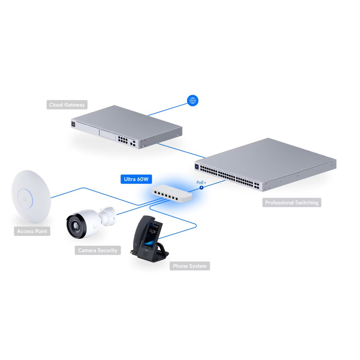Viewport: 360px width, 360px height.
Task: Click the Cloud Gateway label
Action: (x=67, y=105)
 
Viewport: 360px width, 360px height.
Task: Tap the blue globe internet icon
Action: (x=193, y=100)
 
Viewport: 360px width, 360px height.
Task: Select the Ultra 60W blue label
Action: (x=136, y=179)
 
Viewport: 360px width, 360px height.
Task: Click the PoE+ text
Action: (x=201, y=183)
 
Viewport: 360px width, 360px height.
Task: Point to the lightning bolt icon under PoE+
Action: (x=201, y=187)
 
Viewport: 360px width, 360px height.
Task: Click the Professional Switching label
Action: (x=292, y=202)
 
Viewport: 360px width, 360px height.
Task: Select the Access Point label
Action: (x=32, y=231)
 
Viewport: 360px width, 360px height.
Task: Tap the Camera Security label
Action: (x=98, y=250)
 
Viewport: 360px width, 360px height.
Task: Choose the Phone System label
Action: (x=190, y=266)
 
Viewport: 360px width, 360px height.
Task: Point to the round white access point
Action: (x=31, y=197)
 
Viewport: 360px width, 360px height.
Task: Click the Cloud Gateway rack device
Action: (x=127, y=127)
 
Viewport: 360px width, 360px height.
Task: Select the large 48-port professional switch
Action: (x=265, y=165)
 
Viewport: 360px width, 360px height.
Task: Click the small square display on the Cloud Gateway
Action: (x=73, y=124)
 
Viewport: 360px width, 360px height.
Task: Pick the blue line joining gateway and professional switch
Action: (x=181, y=150)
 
